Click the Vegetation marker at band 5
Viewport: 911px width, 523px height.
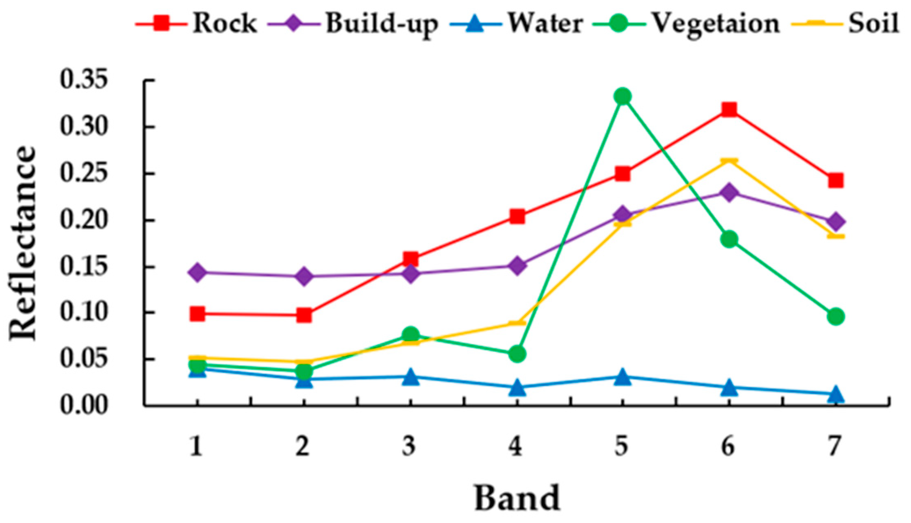pos(622,97)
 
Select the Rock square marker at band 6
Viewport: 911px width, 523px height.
pos(729,110)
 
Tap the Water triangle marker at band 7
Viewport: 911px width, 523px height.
pos(835,394)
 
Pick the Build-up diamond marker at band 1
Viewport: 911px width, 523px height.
pos(197,272)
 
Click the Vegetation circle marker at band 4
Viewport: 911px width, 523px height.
pos(517,354)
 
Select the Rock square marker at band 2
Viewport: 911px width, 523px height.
pos(304,315)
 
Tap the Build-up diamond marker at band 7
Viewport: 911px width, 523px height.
pos(835,222)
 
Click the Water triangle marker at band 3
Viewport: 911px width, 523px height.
pos(411,377)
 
